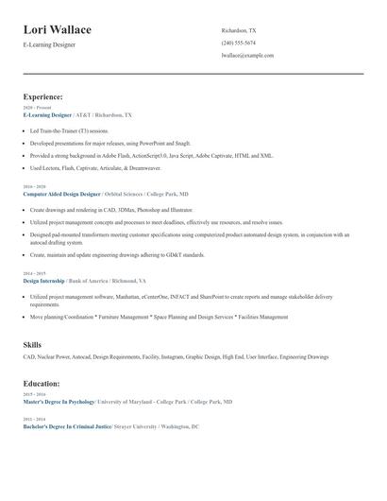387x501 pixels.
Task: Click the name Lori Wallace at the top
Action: pyautogui.click(x=57, y=29)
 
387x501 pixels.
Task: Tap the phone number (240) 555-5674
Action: pyautogui.click(x=238, y=43)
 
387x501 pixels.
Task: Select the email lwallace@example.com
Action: pyautogui.click(x=247, y=55)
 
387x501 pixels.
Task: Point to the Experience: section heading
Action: pyautogui.click(x=42, y=96)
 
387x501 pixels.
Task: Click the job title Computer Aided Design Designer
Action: pyautogui.click(x=61, y=193)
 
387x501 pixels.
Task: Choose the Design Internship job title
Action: pyautogui.click(x=43, y=281)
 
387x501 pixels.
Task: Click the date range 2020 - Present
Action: pyautogui.click(x=35, y=108)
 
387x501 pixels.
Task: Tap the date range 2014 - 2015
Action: pyautogui.click(x=33, y=274)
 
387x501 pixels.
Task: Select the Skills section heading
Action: pyautogui.click(x=32, y=345)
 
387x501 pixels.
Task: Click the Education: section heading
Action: pyautogui.click(x=42, y=384)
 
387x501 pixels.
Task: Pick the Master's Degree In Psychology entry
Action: pyautogui.click(x=59, y=402)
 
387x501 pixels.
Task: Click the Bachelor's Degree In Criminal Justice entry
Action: pyautogui.click(x=65, y=426)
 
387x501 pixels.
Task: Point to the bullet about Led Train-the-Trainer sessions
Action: pyautogui.click(x=69, y=130)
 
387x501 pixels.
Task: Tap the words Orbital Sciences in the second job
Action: pyautogui.click(x=126, y=193)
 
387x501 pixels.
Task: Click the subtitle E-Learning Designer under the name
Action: pyautogui.click(x=50, y=45)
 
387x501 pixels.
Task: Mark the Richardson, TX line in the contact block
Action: pyautogui.click(x=238, y=30)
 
